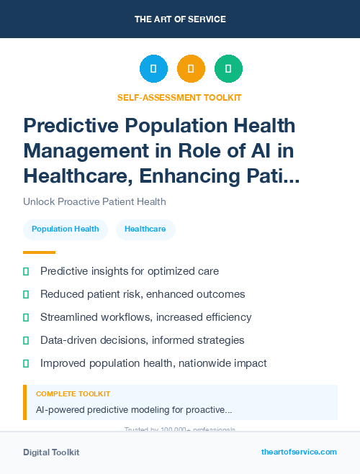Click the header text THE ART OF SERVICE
[x=180, y=19]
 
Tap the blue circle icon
[x=153, y=68]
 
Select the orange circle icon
[x=191, y=68]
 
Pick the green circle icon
[x=228, y=68]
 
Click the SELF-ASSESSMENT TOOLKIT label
[x=180, y=97]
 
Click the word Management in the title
[x=79, y=151]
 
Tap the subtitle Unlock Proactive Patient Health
[x=94, y=201]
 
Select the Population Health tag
[x=66, y=229]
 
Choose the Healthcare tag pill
[x=145, y=229]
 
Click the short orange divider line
[x=39, y=252]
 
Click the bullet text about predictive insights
[x=130, y=271]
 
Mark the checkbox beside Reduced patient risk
[x=26, y=294]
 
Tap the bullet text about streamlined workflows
[x=145, y=317]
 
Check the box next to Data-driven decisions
[x=26, y=340]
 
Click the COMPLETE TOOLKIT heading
[x=73, y=394]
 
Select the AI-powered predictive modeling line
[x=134, y=409]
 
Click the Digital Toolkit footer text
[x=51, y=452]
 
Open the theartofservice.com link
[x=299, y=452]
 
